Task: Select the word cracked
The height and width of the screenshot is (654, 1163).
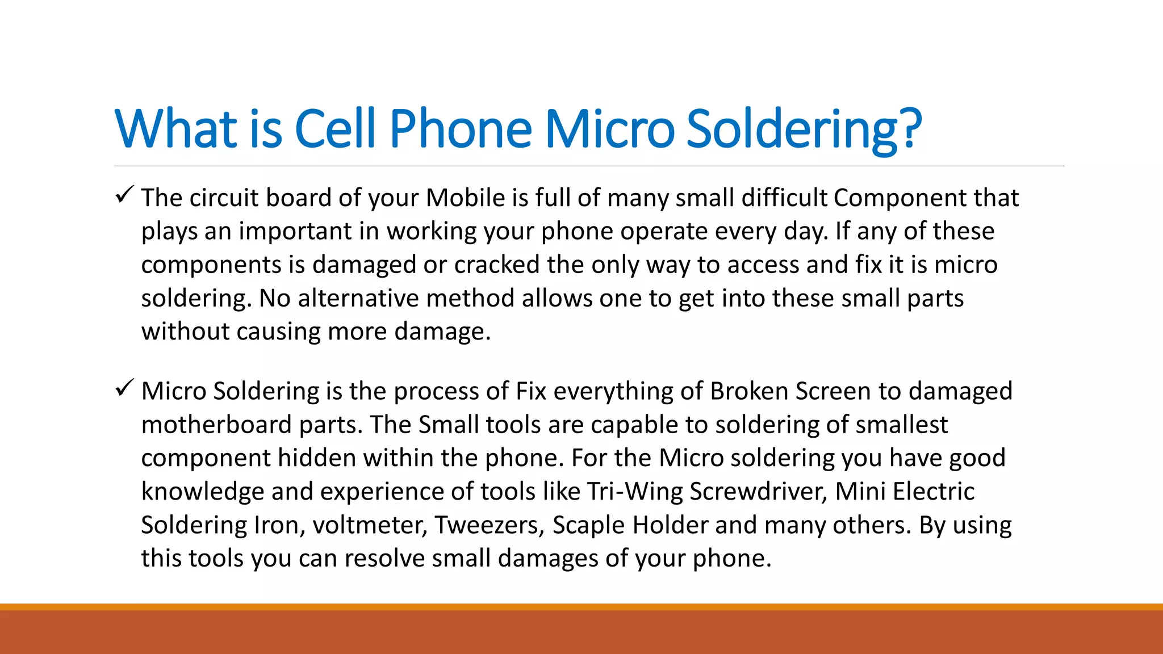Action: point(496,265)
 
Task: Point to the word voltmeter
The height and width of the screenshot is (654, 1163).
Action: point(370,525)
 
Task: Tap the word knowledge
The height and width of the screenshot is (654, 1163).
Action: point(202,492)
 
